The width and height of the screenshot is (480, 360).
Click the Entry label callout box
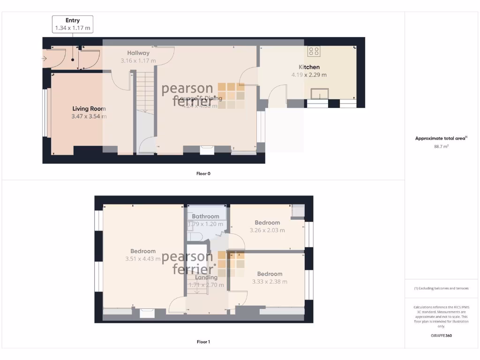click(x=72, y=24)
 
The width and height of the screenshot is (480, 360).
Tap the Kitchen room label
click(x=309, y=67)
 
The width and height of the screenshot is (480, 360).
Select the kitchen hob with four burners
click(x=313, y=51)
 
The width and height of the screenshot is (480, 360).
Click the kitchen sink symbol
click(x=321, y=94)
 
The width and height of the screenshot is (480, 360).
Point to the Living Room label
click(x=89, y=109)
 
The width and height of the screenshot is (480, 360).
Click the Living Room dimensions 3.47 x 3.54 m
click(x=89, y=116)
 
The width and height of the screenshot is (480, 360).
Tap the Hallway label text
click(x=138, y=53)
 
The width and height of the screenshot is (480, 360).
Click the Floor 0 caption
click(x=203, y=173)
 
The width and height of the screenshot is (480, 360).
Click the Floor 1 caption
click(x=203, y=342)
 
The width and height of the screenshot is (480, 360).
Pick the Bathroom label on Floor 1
click(x=205, y=217)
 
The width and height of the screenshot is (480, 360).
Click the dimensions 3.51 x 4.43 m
click(x=143, y=259)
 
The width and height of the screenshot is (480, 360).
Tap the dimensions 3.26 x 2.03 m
click(x=267, y=230)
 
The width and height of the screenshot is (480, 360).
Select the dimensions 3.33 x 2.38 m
click(x=270, y=282)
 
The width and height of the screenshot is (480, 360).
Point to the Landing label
click(x=206, y=277)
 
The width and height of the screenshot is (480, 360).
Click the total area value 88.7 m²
click(x=441, y=147)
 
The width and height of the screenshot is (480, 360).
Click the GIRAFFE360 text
click(x=441, y=336)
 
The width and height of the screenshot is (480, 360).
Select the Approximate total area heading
click(x=441, y=138)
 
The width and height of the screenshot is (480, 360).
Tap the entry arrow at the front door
click(x=44, y=59)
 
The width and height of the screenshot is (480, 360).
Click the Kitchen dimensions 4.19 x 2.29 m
click(x=309, y=75)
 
